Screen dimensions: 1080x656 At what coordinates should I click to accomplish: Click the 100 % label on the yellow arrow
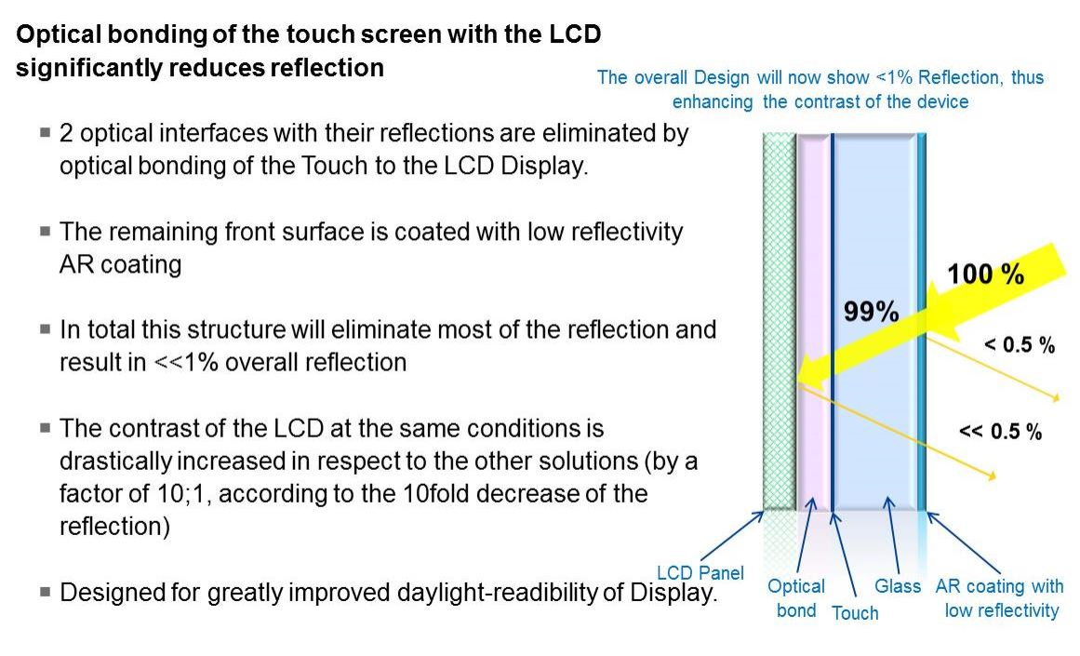(985, 274)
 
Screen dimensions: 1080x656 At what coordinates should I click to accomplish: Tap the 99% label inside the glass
(872, 312)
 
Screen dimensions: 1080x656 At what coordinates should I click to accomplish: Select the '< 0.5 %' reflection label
(1020, 344)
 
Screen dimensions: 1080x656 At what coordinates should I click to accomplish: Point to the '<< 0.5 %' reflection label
(1000, 432)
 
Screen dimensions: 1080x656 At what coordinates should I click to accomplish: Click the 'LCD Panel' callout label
(700, 572)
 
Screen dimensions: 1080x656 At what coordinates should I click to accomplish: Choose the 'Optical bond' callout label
(796, 598)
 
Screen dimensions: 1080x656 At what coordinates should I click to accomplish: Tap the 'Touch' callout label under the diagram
(855, 612)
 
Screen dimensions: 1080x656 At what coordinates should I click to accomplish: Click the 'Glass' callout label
(898, 585)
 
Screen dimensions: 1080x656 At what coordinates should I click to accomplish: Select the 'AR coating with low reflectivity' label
(1000, 598)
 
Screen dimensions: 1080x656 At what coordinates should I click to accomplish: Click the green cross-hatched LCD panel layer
(779, 321)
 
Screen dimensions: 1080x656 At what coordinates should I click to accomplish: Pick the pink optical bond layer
(813, 321)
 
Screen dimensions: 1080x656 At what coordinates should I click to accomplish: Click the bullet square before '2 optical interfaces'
(46, 131)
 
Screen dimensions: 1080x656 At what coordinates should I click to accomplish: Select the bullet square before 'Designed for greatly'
(46, 591)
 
